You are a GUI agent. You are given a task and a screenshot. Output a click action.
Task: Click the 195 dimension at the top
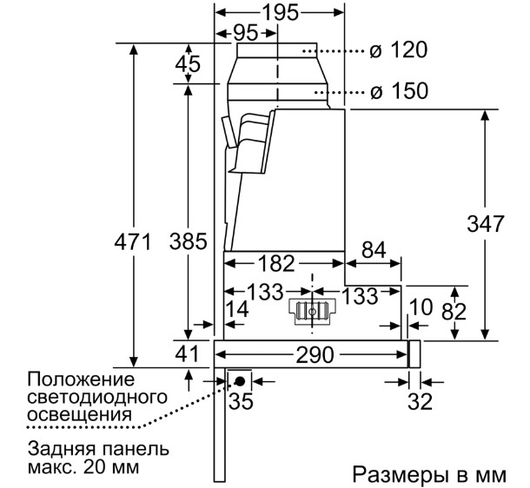(281, 13)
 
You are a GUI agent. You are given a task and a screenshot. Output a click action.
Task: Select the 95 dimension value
(246, 33)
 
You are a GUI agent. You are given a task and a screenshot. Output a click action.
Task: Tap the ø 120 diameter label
(399, 50)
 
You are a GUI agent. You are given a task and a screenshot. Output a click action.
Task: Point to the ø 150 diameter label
(399, 91)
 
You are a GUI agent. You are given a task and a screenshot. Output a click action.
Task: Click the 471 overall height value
(132, 241)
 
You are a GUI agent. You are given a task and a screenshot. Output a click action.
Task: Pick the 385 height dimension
(188, 241)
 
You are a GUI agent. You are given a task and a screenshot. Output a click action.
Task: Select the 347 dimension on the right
(486, 223)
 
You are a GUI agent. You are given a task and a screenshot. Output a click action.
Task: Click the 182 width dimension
(276, 263)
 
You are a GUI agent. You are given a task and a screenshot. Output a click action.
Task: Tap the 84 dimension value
(374, 250)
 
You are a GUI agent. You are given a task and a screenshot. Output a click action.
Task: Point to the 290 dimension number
(315, 355)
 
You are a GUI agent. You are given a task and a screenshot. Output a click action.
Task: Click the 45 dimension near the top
(188, 63)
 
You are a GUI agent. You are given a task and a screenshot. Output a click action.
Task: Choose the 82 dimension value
(454, 312)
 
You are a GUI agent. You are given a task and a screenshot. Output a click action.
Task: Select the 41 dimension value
(188, 354)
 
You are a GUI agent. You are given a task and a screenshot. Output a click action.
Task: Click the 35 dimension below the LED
(241, 401)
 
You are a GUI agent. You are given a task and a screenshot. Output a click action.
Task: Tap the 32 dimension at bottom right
(421, 401)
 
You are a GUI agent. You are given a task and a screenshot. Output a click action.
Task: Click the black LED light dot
(241, 381)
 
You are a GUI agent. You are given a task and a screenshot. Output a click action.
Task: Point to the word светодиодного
(97, 397)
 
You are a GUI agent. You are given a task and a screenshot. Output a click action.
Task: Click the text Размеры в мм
(429, 474)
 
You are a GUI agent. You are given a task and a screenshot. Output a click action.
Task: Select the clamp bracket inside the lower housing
(312, 312)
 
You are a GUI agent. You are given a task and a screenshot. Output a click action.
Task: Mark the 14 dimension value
(237, 308)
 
